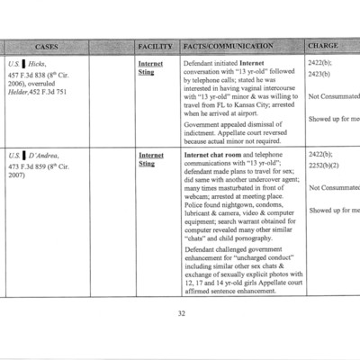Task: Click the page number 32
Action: click(x=180, y=314)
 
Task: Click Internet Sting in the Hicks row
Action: click(x=149, y=69)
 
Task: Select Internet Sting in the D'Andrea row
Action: click(x=149, y=160)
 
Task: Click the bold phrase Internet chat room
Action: click(x=216, y=156)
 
